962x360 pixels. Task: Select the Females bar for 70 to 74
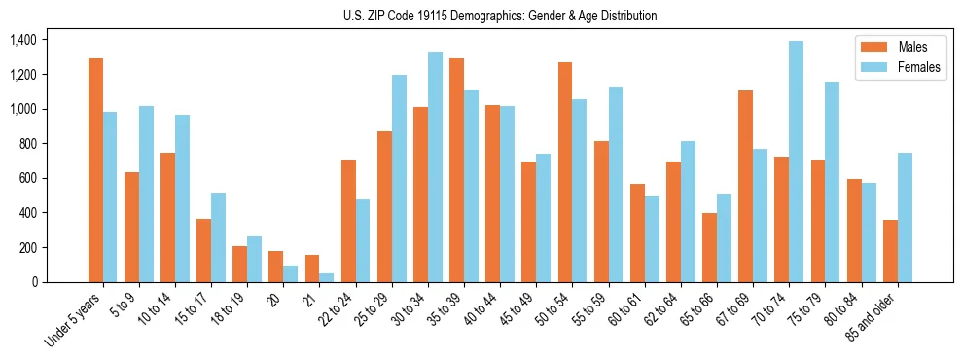[797, 162]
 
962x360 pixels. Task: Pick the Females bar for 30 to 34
[435, 166]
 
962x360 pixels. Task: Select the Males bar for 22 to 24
[348, 221]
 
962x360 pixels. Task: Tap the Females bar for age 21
[327, 277]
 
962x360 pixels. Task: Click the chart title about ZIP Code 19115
[500, 16]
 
